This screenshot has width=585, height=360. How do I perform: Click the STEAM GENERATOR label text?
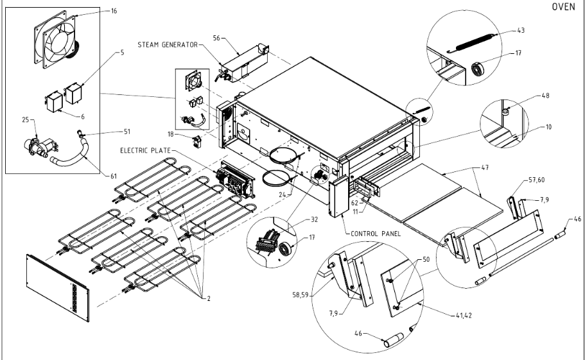166,44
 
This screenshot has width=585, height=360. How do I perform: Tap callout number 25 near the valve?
25,120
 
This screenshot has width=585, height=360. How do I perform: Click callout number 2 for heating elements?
207,298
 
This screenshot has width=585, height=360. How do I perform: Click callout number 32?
314,218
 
